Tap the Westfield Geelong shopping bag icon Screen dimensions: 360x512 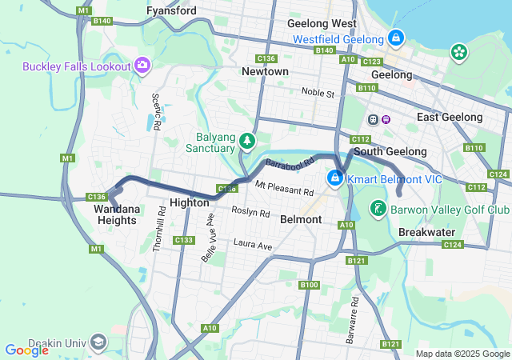pos(396,38)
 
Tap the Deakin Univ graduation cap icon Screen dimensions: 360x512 pos(98,342)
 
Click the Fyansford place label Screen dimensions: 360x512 pos(172,11)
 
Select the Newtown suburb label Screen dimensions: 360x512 pos(265,71)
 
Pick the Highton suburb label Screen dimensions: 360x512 pos(190,203)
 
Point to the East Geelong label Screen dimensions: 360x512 pos(450,117)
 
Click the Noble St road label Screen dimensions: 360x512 pos(318,93)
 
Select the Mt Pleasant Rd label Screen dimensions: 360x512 pos(284,189)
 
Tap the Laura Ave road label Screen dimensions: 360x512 pos(253,243)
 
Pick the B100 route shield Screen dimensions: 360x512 pos(309,285)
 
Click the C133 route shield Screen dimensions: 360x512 pos(183,240)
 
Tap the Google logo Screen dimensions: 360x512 pos(26,350)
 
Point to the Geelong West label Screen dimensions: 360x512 pos(322,24)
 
